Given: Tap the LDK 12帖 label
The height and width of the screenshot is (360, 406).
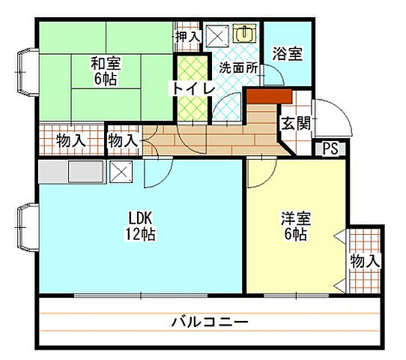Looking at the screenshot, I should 140,226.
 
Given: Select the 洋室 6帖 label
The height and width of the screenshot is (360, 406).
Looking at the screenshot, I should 296,226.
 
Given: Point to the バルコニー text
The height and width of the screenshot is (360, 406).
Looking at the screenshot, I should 209,323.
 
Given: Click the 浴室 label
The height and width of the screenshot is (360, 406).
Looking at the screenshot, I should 287,54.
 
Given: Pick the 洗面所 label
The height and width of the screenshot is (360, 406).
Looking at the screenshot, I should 238,67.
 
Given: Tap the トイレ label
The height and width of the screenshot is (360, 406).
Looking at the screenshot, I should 194,88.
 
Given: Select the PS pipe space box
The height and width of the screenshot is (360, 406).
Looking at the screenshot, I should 330,149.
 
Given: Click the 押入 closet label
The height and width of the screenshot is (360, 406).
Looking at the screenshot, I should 187,36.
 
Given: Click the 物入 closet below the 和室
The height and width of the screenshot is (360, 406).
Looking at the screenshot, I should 70,140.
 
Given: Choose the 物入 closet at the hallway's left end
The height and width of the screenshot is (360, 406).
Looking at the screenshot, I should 123,140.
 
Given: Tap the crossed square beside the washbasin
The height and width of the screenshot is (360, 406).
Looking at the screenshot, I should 218,34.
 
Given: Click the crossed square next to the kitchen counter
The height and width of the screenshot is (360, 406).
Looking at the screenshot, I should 121,172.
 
